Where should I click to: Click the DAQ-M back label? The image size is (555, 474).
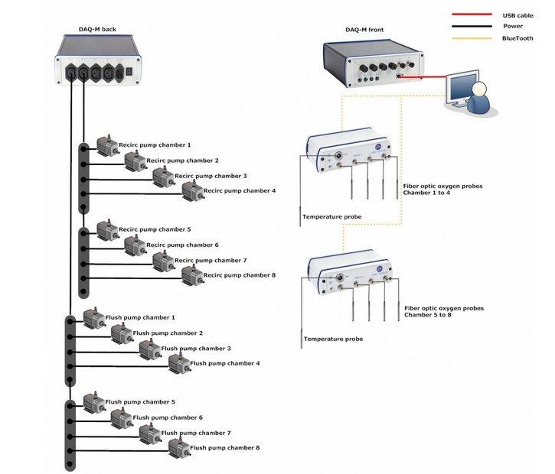coord(96,28)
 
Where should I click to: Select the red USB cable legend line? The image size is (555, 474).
coord(472,15)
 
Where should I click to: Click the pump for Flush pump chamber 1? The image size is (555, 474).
coord(92,319)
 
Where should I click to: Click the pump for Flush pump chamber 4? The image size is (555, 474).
coord(178,364)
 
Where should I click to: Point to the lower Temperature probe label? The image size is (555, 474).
coord(332,339)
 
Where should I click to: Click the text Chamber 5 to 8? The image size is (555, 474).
coord(433,314)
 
